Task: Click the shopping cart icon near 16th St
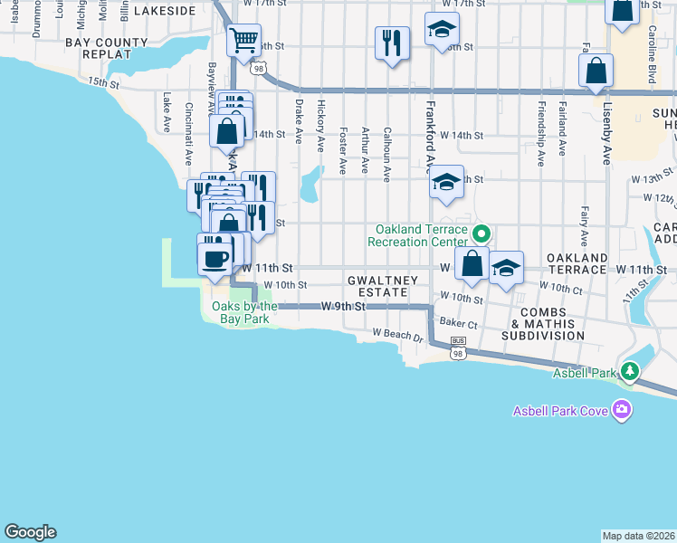coord(243,40)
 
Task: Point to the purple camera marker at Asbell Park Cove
coord(621,411)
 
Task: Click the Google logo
coord(30,532)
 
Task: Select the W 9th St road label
coord(343,307)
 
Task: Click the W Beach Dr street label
coord(398,336)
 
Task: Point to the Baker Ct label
coord(458,322)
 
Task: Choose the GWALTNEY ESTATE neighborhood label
coord(383,287)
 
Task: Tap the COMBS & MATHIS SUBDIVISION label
coord(548,329)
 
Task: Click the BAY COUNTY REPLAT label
coord(107,48)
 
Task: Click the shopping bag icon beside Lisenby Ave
coord(596,71)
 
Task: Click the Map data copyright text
coord(638,536)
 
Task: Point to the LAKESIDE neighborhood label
coord(165,11)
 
